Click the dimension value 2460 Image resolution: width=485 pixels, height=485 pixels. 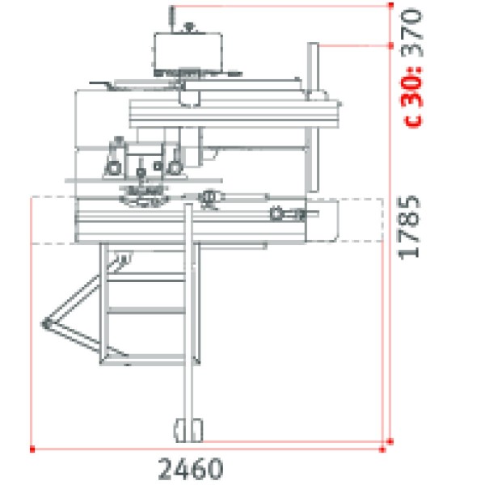(x=190, y=467)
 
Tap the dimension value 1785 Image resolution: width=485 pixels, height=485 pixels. (x=411, y=226)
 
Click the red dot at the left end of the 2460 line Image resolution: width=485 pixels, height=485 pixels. (x=32, y=446)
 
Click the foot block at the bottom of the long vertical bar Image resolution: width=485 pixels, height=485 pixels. (x=189, y=429)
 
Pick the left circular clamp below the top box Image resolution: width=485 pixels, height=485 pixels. (x=112, y=167)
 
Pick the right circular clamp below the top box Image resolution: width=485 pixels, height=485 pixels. (x=172, y=167)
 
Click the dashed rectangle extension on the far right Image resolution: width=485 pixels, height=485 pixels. (x=360, y=220)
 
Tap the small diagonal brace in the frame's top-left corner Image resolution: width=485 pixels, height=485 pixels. (x=121, y=260)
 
